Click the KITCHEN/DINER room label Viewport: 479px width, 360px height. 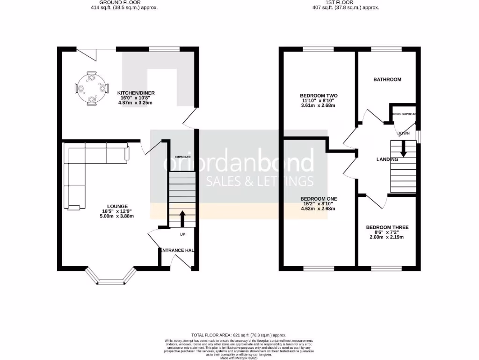coord(136,93)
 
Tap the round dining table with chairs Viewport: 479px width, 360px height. coord(88,88)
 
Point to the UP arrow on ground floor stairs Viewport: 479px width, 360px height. coord(182,218)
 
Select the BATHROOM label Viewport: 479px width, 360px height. coord(387,80)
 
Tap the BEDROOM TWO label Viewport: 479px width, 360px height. coord(319,96)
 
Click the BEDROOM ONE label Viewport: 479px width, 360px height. coord(319,199)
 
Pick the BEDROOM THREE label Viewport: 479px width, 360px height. coord(387,227)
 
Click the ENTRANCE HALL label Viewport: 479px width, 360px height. coord(177,250)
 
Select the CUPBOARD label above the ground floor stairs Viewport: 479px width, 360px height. coord(182,157)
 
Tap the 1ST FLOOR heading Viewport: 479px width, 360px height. coord(346,2)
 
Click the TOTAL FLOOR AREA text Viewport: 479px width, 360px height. coord(239,335)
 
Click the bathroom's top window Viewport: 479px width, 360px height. coord(386,49)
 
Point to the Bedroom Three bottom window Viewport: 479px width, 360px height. coord(386,269)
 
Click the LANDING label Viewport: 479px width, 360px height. coord(387,160)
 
